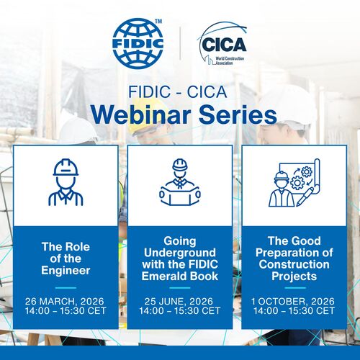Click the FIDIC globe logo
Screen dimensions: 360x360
138,44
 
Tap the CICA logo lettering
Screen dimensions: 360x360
224,45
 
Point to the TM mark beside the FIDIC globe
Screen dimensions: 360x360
158,21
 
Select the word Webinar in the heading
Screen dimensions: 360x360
142,115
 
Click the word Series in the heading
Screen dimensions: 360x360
238,115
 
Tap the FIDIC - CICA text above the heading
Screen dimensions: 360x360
178,92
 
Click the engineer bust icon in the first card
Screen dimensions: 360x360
66,182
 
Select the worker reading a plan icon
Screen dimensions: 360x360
180,182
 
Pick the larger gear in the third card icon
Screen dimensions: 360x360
297,183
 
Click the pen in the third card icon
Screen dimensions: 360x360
305,197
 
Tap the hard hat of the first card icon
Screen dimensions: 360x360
66,168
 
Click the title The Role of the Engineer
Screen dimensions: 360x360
66,258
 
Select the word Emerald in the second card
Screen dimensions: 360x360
163,276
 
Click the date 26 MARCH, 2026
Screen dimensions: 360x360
65,301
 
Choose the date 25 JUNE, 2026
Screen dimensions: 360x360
179,301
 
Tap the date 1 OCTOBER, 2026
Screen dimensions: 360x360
293,301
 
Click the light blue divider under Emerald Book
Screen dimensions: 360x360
180,288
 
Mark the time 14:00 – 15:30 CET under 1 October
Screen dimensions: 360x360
294,311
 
